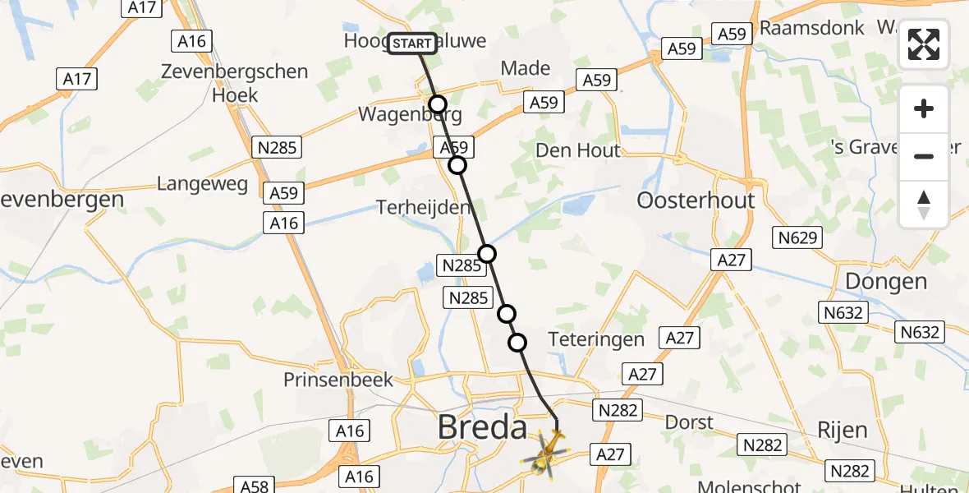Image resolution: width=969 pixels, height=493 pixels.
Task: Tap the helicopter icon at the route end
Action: coord(546,454)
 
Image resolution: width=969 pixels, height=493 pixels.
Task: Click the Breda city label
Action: coord(482,427)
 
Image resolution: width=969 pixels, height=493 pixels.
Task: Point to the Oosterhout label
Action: coord(696,200)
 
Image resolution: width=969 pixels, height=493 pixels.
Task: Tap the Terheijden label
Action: coord(425,207)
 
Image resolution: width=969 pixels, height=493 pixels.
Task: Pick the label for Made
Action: coord(525,68)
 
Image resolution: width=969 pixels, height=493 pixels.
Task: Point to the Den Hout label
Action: coord(577,150)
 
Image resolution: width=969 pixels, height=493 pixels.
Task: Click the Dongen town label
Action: coord(885,282)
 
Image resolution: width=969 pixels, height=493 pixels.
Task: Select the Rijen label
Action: coord(843,430)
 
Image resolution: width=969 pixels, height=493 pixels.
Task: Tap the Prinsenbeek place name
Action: coord(338,380)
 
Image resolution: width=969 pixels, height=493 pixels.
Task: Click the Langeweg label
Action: coord(202,183)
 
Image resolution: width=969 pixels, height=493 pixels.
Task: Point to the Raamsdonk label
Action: coord(811,27)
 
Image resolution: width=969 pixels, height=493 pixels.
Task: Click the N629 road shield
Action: coord(797,238)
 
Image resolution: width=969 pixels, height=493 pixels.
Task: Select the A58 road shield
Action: coord(252,486)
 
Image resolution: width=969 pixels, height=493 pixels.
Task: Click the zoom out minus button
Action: coord(924,156)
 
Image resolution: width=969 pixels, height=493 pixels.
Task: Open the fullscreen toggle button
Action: coord(924,44)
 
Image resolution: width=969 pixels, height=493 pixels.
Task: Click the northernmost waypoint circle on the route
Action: coord(438,104)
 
